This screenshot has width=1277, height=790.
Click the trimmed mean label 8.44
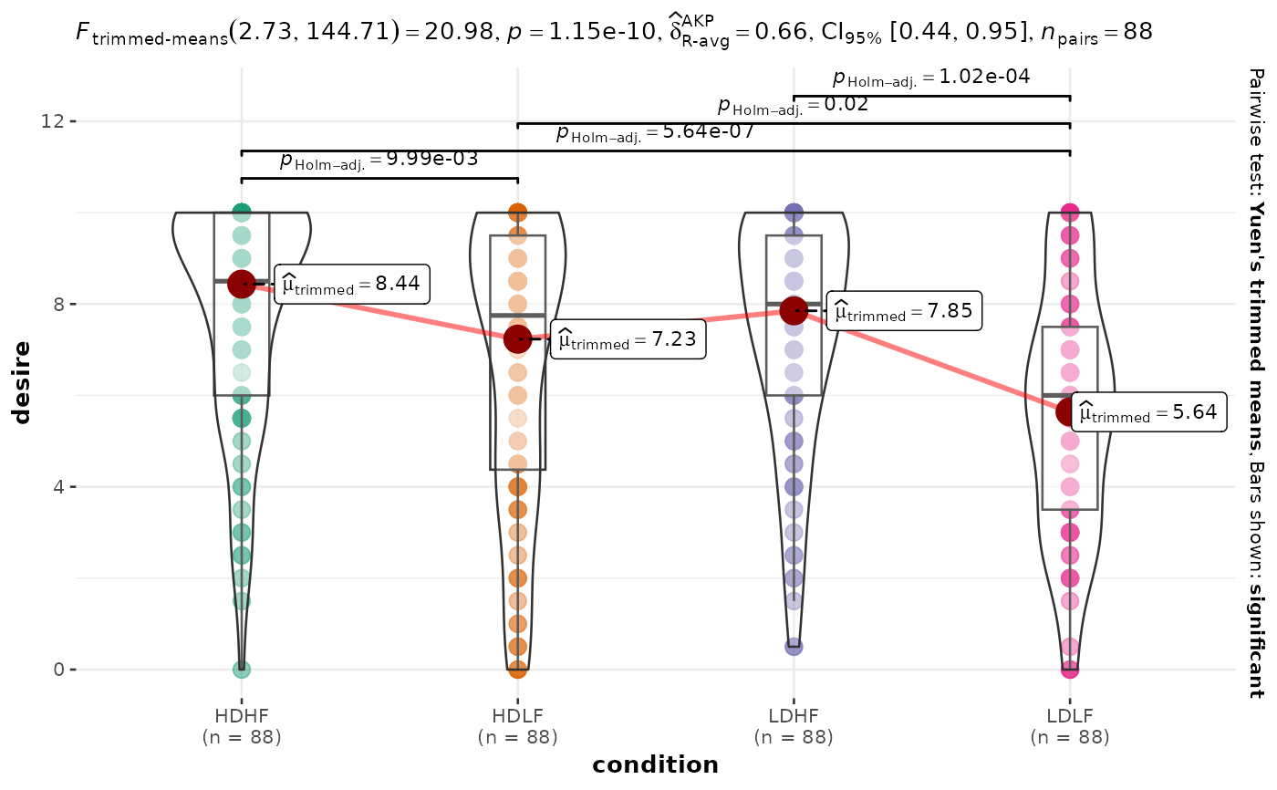(351, 284)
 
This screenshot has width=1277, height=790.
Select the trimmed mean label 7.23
(628, 340)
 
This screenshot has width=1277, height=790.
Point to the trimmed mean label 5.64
(1147, 412)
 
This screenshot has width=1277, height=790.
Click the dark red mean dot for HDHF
(242, 285)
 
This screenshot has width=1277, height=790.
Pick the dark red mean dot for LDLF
(1069, 412)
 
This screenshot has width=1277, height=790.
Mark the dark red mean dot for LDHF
(794, 310)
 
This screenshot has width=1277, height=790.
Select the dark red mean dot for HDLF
(517, 338)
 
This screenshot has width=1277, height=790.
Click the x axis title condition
(655, 764)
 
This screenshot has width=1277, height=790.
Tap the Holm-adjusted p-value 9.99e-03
(379, 161)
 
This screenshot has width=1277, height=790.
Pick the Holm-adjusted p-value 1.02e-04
(931, 78)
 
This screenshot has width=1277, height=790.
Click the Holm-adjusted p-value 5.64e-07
(655, 133)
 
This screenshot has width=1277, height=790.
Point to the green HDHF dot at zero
(242, 669)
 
